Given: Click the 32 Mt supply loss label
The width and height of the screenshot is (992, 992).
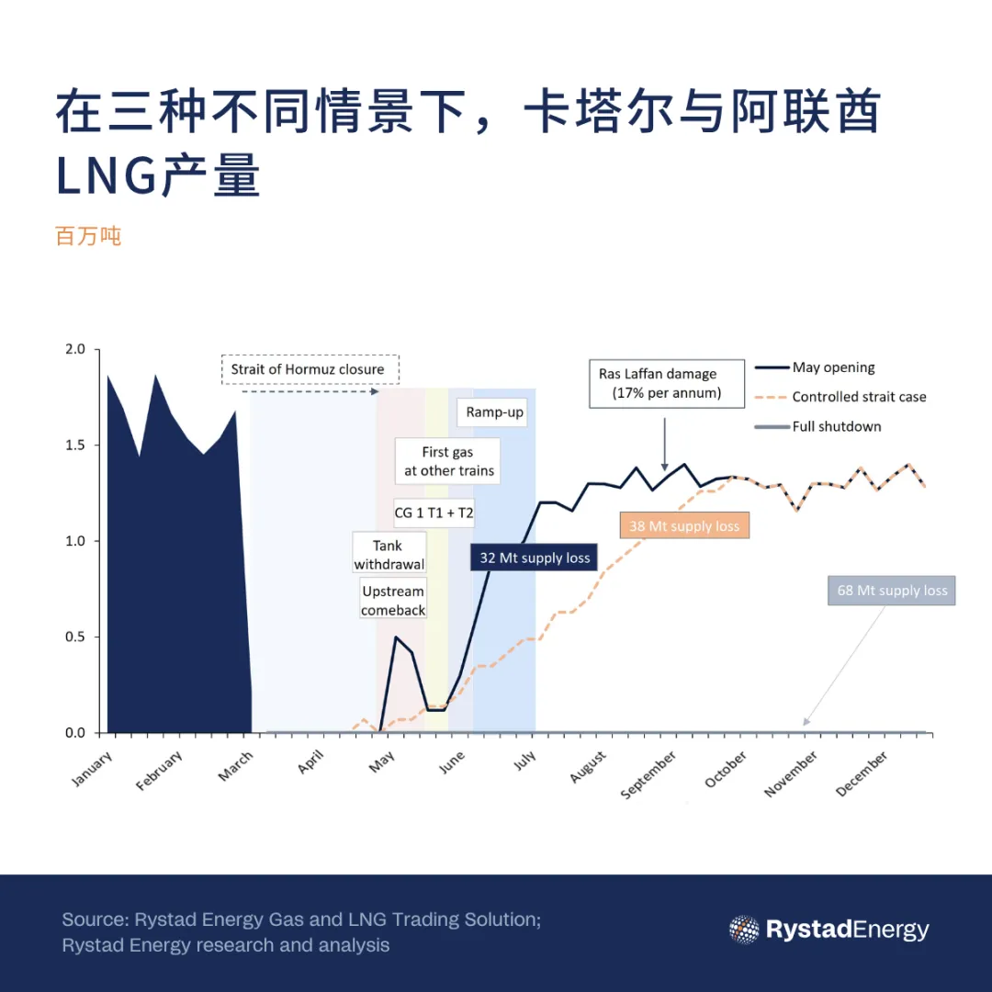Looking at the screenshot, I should (x=535, y=558).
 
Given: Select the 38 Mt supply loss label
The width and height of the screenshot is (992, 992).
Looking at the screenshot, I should (x=683, y=526).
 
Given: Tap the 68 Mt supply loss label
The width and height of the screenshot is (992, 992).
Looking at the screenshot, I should (x=892, y=591).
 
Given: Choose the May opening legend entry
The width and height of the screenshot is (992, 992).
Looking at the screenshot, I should (x=815, y=367).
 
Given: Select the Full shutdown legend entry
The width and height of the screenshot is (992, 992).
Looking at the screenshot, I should (x=817, y=426).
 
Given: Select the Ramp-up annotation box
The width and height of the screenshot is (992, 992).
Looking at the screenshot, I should (x=494, y=412).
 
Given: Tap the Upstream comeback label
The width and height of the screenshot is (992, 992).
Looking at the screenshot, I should (x=393, y=601).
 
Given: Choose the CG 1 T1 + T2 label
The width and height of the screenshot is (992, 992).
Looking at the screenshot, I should (x=434, y=513).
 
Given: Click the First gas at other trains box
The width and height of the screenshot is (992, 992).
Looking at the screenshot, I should (x=448, y=461).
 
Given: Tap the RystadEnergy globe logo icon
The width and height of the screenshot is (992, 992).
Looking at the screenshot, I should (x=744, y=930).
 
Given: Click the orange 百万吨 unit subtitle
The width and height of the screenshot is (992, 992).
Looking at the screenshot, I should (x=88, y=236).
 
